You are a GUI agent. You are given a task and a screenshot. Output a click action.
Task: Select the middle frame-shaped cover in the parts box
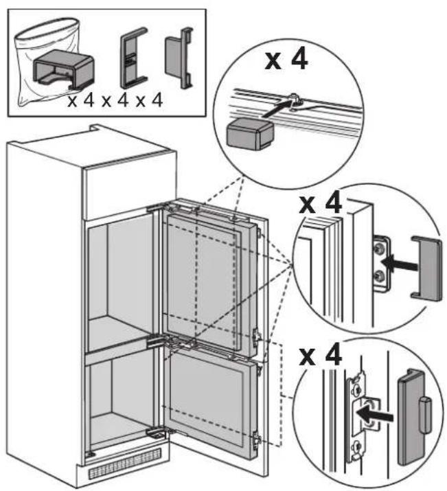click(x=133, y=58)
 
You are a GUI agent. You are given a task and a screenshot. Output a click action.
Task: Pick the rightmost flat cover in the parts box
click(x=179, y=58)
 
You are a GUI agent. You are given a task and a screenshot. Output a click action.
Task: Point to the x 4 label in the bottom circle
click(x=321, y=355)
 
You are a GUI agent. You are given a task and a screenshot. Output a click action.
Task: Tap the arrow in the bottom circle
click(x=375, y=415)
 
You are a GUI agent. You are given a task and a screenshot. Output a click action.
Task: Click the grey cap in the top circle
click(x=249, y=134)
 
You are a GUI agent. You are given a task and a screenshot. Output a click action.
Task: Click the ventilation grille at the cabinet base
click(x=125, y=464)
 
